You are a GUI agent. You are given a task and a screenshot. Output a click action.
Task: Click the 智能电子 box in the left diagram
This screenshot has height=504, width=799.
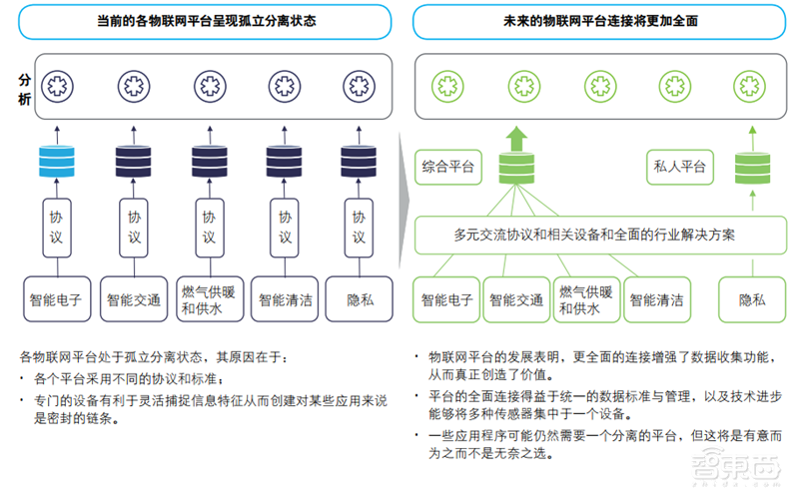coord(56,298)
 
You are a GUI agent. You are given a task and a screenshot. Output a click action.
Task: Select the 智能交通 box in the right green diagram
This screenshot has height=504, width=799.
coord(516,299)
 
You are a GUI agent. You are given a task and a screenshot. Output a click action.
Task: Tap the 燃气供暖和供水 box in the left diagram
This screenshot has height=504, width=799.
coord(208,298)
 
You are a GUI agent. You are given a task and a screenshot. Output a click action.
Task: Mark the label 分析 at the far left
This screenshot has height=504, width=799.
coord(25,86)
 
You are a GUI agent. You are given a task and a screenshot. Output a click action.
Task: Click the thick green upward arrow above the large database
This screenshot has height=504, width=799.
coord(517,137)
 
